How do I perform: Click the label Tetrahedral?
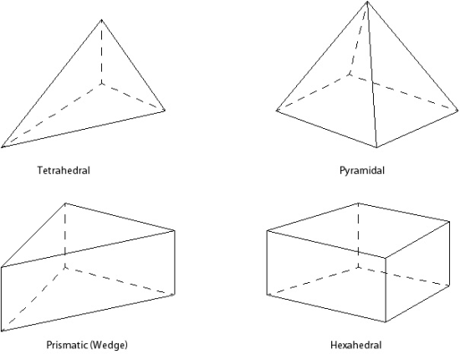(x=64, y=170)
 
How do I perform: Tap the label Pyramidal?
(x=361, y=171)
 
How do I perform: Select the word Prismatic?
(x=67, y=344)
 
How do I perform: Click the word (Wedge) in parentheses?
(x=109, y=345)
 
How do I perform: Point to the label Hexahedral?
(x=355, y=345)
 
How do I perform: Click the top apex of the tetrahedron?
(x=101, y=19)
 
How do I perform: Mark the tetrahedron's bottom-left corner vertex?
(x=2, y=147)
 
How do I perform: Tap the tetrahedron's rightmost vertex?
(x=165, y=111)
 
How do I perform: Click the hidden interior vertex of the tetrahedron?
(x=101, y=84)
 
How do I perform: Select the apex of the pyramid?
(x=367, y=2)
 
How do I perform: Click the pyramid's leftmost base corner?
(x=276, y=111)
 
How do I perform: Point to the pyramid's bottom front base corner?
(x=376, y=147)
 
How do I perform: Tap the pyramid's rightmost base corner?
(x=457, y=111)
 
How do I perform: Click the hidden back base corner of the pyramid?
(x=349, y=75)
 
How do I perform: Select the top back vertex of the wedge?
(x=65, y=203)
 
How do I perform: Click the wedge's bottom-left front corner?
(x=2, y=331)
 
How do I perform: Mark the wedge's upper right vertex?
(x=175, y=231)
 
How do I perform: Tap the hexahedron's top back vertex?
(x=358, y=203)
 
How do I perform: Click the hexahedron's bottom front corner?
(x=386, y=322)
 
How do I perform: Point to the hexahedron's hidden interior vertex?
(x=358, y=267)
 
